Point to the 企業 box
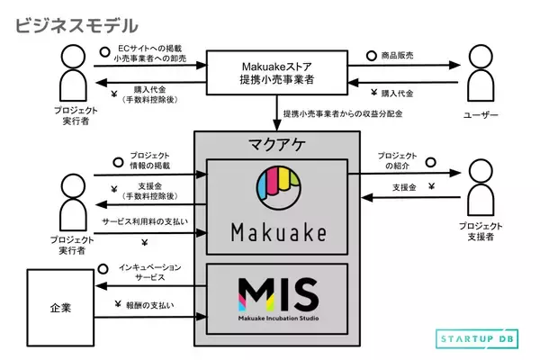[x=60, y=307]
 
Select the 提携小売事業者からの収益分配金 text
[x=344, y=115]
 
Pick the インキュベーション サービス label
[x=149, y=273]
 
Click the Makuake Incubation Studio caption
[x=277, y=317]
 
